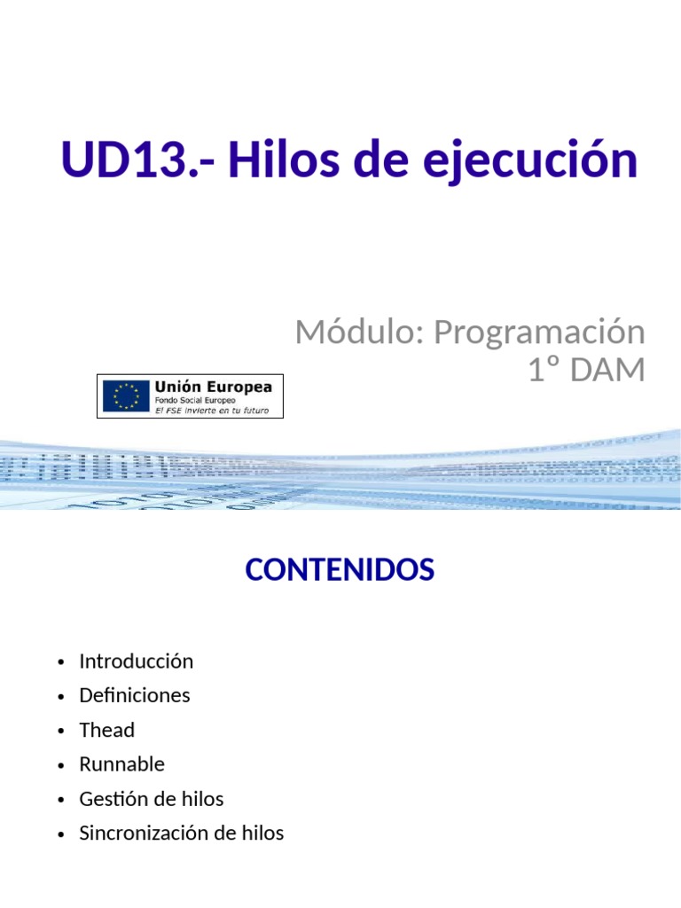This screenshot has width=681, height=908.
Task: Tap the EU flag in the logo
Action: pos(126,395)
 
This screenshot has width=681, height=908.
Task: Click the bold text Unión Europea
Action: pos(214,387)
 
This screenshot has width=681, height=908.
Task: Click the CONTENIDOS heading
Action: pos(340,570)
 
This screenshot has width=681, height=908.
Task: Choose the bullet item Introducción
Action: pos(136,661)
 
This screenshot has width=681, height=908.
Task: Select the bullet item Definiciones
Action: pos(135,695)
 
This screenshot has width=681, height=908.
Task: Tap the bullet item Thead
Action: pos(106,730)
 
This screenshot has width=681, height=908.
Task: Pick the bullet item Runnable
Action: pos(121,764)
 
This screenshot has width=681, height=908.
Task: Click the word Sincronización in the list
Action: pos(144,834)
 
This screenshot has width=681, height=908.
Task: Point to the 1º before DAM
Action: pos(545,371)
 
